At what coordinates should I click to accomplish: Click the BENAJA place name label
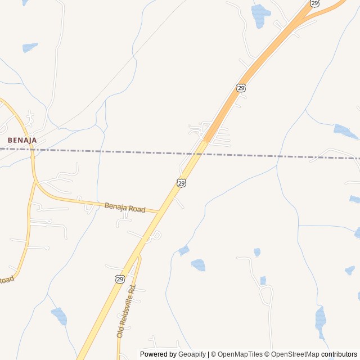coord(22,139)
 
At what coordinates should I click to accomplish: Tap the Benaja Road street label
coord(125,208)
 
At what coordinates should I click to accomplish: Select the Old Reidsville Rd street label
coord(127,311)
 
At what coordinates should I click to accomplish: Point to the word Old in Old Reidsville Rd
coord(120,333)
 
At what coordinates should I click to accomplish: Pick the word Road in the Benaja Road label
coord(136,210)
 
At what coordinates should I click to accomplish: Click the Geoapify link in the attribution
coord(192,354)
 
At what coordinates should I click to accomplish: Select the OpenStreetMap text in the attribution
coord(295,354)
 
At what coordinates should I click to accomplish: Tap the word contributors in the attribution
coord(339,354)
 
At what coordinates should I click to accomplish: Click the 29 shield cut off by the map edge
coord(314,3)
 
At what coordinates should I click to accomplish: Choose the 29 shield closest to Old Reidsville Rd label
coord(120,278)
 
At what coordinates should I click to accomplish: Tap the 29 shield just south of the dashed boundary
coord(181,183)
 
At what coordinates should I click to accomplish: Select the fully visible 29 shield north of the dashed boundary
coord(241,88)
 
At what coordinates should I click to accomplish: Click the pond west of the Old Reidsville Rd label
coord(59,316)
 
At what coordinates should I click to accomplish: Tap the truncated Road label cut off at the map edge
coord(5,280)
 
